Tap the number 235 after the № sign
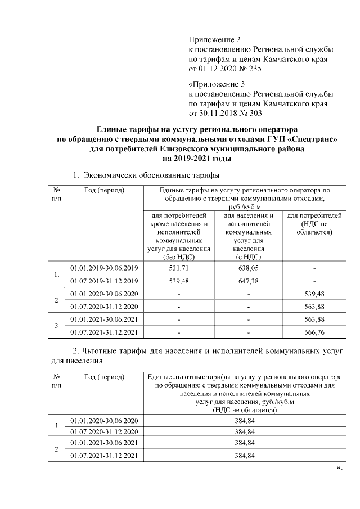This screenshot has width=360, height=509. pyautogui.click(x=255, y=69)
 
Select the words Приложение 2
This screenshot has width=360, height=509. pyautogui.click(x=214, y=39)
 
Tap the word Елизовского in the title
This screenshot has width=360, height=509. pyautogui.click(x=183, y=149)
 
